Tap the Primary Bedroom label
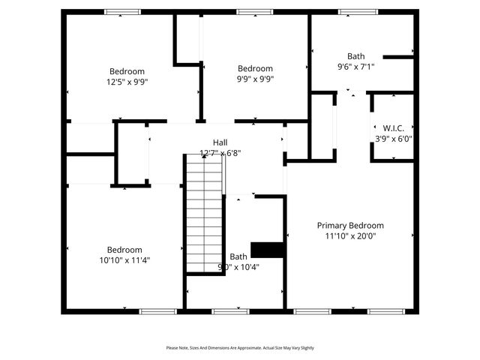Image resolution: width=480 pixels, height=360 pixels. click(x=350, y=225)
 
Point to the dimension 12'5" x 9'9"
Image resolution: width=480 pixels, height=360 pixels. click(x=128, y=83)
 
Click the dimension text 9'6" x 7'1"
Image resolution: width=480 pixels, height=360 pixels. click(x=355, y=67)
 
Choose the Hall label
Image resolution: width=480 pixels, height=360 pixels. click(x=220, y=142)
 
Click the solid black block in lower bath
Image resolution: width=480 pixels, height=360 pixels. click(x=265, y=250)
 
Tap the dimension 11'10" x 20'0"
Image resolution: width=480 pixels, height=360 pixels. click(x=350, y=235)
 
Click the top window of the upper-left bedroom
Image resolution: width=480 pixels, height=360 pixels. click(x=122, y=12)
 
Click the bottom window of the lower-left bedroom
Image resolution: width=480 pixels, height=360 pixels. click(x=157, y=310)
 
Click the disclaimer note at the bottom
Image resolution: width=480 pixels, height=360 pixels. click(x=240, y=348)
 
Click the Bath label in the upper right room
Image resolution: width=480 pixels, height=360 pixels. click(x=355, y=56)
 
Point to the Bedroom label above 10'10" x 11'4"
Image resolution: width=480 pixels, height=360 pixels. click(x=124, y=250)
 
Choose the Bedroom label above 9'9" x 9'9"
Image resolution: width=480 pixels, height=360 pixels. click(x=255, y=68)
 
